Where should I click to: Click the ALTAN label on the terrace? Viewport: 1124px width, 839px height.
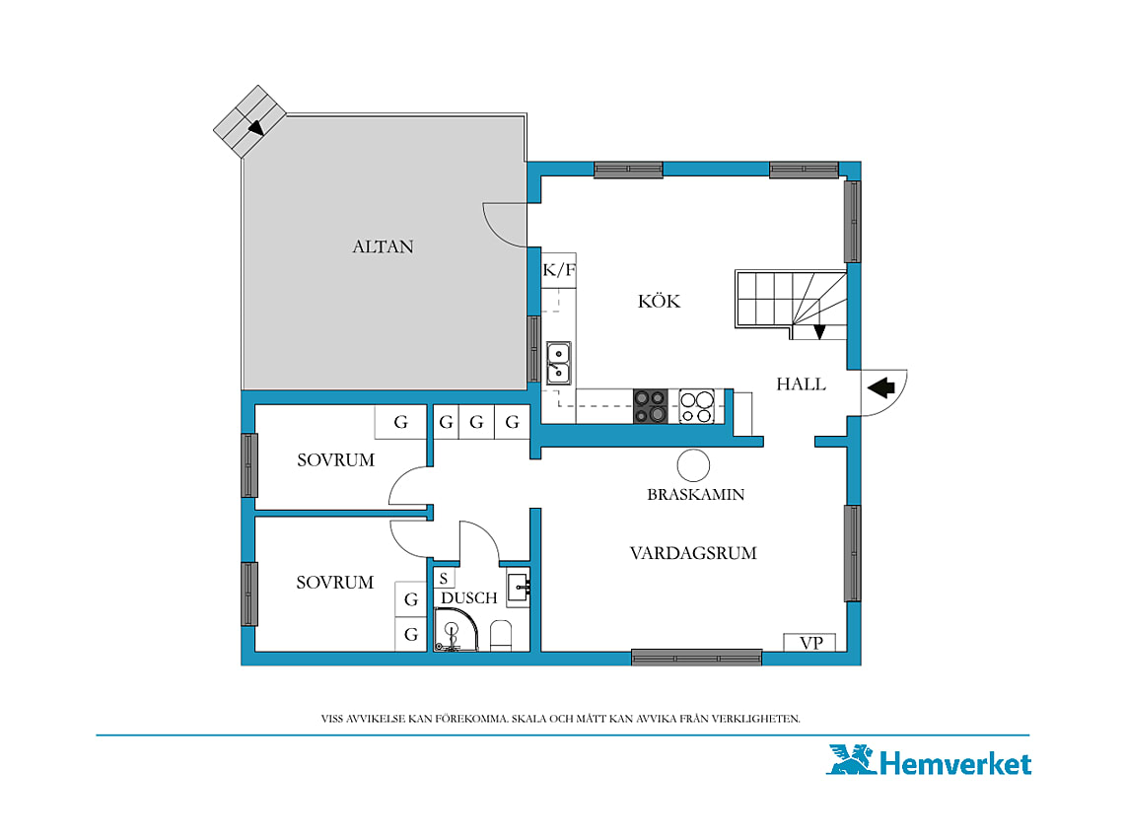tap(383, 246)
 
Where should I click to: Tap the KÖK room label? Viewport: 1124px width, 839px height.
tap(659, 301)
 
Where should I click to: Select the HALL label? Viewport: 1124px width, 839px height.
tap(801, 385)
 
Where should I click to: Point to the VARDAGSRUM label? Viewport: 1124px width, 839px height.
tap(693, 553)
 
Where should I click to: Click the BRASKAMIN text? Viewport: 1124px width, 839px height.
tap(695, 494)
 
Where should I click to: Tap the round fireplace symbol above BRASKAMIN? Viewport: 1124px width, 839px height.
tap(693, 465)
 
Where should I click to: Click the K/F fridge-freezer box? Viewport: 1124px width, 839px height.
tap(559, 270)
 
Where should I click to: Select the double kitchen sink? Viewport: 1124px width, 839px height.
tap(558, 363)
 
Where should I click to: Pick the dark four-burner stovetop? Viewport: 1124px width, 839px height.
tap(650, 406)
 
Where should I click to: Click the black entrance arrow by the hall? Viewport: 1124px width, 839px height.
tap(881, 387)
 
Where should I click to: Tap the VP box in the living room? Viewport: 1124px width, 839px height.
tap(810, 643)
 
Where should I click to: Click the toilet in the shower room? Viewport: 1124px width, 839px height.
tap(500, 636)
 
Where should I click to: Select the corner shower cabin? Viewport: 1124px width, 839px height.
tap(456, 630)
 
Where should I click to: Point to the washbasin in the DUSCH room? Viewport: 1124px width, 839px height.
tap(519, 588)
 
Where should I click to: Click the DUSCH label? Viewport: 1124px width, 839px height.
tap(468, 598)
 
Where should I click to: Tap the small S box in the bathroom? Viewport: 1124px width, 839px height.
tap(444, 578)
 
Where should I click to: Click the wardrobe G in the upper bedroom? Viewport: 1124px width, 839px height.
tap(400, 422)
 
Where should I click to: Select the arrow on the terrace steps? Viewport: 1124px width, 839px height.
tap(255, 127)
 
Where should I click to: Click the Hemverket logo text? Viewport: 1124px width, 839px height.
tap(955, 764)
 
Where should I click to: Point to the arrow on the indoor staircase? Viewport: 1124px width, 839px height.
tap(819, 332)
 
